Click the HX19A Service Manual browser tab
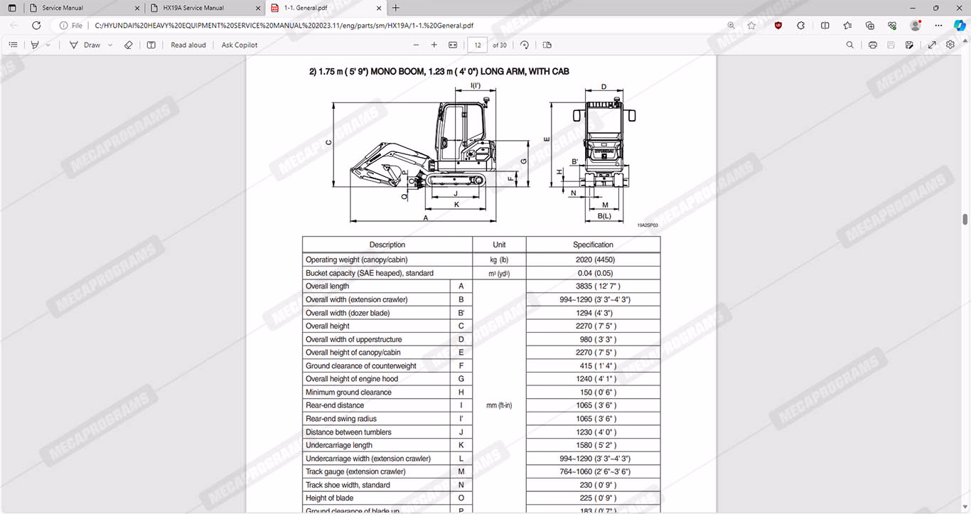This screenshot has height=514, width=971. coord(193,8)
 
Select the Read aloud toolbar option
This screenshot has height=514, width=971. coord(188,45)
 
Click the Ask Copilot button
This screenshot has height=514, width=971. coord(240,45)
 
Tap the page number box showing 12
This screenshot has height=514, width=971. coord(477,45)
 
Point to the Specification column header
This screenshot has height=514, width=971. coord(593,245)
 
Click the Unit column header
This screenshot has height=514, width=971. coord(499,245)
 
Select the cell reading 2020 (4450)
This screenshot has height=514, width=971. coord(593,259)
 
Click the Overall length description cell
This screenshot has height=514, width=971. coord(328,287)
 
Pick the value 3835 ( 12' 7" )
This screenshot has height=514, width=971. coord(593,287)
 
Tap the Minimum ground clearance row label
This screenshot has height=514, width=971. coord(348,392)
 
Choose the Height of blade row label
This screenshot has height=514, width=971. coord(329,498)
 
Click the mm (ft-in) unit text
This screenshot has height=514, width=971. coord(499,406)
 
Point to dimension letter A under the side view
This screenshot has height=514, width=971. coord(426,218)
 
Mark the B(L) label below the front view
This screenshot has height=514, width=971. coord(604,215)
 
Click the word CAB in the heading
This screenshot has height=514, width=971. coord(559,71)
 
